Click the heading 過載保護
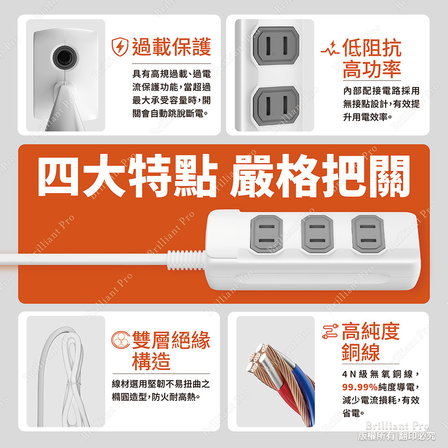coord(171,47)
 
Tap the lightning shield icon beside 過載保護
coord(121,47)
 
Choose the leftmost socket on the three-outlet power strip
coord(266,233)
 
